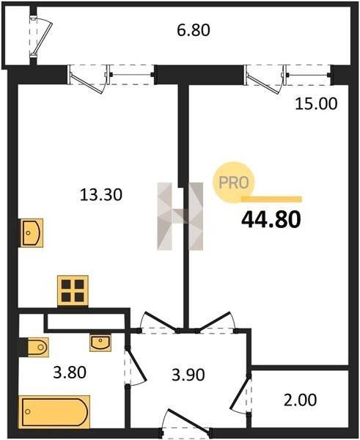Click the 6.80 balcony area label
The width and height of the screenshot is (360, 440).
tap(194, 30)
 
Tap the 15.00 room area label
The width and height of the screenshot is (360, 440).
tap(316, 103)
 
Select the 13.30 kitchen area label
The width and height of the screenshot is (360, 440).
tap(101, 194)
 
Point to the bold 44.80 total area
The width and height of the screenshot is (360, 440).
tap(271, 219)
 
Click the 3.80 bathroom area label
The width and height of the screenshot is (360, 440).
tap(70, 373)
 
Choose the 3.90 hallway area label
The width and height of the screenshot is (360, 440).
tap(188, 375)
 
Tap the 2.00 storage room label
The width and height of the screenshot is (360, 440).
tap(300, 400)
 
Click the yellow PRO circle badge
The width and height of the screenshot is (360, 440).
tap(233, 183)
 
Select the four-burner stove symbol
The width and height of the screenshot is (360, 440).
tap(73, 290)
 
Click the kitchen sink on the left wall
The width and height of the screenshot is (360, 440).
tap(31, 233)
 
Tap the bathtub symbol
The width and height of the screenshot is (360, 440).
tap(54, 412)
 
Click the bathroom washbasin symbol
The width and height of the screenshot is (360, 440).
tap(100, 343)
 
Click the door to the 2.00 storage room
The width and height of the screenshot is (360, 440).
tap(240, 395)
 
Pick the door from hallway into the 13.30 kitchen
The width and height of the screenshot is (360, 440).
tap(159, 323)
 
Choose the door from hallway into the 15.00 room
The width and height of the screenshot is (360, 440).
tap(216, 323)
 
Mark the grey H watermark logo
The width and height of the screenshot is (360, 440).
tap(180, 216)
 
